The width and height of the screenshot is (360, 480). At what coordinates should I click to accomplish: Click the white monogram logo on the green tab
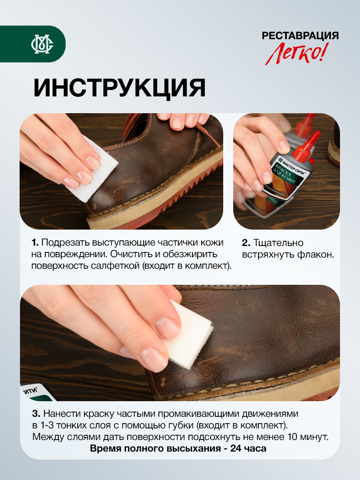point(42,44)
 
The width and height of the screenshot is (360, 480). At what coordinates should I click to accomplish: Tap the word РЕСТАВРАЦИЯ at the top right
point(300,36)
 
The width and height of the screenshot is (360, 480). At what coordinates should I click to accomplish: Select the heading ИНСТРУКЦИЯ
point(119,88)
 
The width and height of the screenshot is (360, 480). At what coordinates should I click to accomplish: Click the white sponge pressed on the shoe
point(188,334)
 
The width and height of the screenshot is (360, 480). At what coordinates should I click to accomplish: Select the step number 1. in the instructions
point(35,242)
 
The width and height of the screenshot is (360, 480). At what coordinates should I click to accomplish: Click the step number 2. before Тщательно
point(246,243)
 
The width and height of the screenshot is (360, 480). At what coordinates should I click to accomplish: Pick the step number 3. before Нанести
point(36,414)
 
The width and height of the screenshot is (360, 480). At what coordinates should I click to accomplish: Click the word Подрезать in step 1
point(65,243)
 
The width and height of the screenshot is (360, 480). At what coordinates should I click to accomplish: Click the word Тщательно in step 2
point(278,243)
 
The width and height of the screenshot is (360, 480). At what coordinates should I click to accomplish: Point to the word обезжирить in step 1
point(190,254)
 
